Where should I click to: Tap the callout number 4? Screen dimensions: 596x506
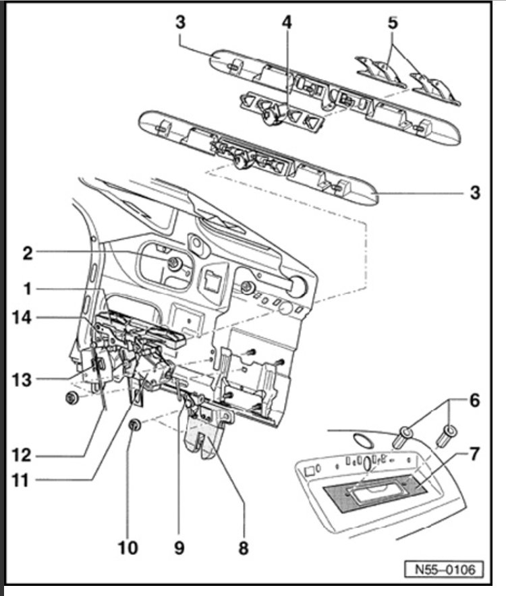287,22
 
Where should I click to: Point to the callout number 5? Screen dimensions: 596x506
393,22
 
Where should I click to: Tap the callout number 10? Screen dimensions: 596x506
128,547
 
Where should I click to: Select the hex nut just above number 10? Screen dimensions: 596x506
134,425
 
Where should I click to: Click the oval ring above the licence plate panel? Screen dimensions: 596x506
364,440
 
